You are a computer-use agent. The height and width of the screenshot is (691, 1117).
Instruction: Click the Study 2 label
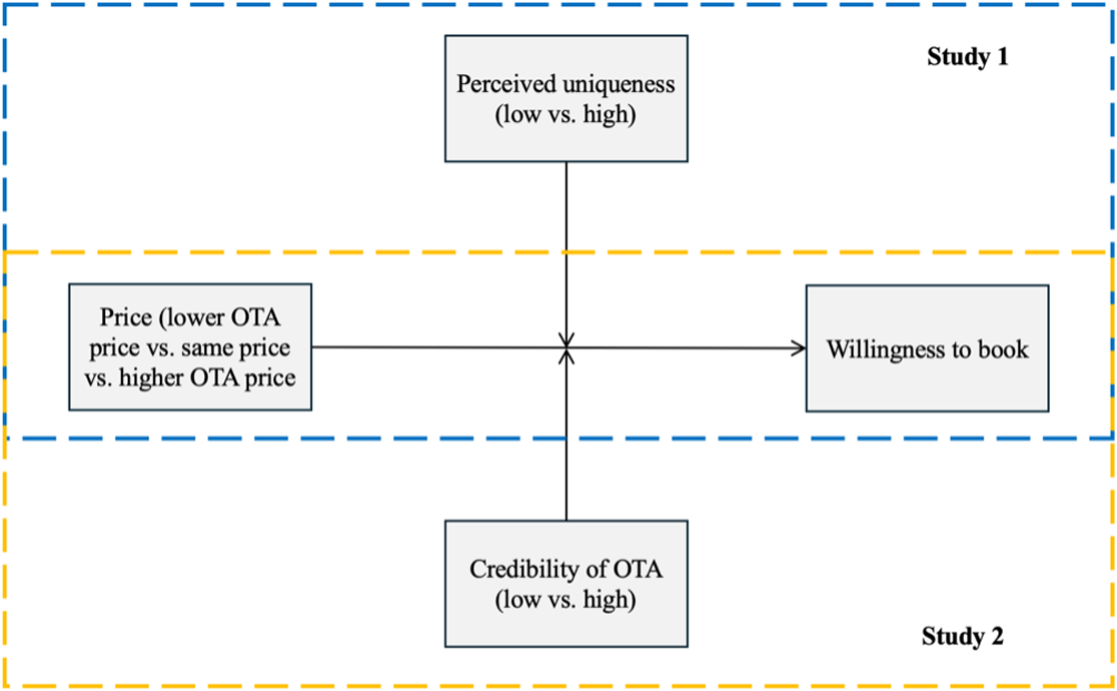963,636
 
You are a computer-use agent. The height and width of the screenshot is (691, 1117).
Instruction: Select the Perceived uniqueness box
566,98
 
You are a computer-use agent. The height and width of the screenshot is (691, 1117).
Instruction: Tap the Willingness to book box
927,348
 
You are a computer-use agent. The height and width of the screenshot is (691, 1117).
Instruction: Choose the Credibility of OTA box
566,584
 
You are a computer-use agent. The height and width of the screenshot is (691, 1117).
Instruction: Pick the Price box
190,347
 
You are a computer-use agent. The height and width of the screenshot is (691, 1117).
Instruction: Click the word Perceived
507,84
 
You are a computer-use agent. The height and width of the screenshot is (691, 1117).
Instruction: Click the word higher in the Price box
151,378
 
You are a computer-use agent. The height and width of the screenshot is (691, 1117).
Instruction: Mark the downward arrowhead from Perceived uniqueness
566,340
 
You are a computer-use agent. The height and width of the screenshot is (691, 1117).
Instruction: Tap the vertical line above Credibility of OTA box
566,435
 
